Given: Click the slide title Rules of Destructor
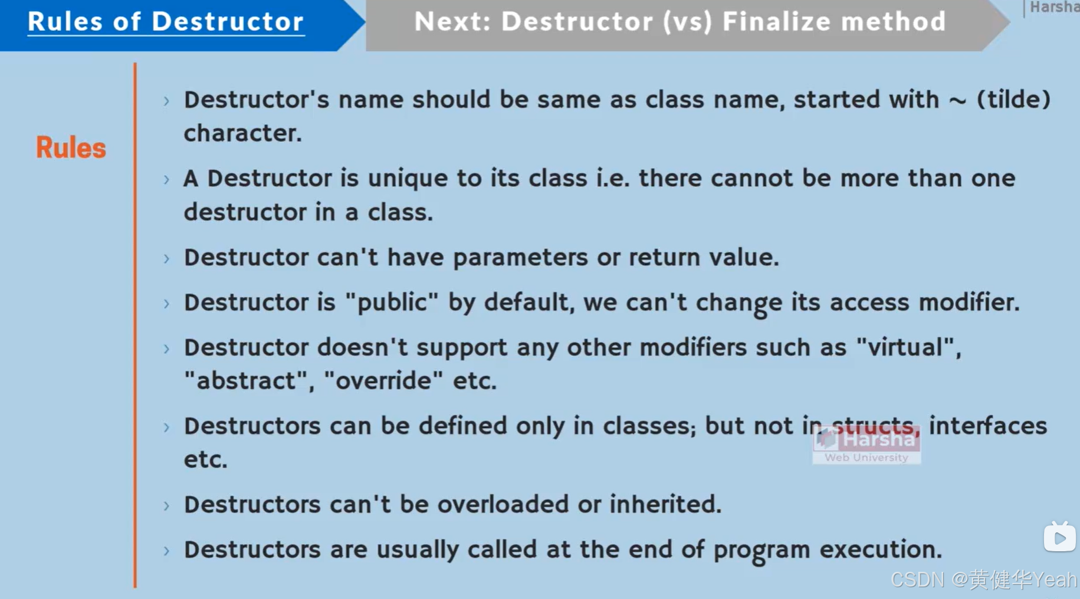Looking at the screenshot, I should [165, 22].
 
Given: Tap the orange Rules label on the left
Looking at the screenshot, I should [71, 147].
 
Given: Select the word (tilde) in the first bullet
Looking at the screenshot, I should [1013, 99].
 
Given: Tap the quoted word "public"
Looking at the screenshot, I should [392, 302].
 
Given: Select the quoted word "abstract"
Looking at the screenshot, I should [248, 381].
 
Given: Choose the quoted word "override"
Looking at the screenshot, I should [383, 381].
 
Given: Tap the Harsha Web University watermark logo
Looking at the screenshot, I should [866, 445].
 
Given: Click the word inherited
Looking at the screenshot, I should [664, 505].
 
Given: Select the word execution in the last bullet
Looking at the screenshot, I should [880, 549].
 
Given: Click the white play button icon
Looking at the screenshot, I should [1059, 538].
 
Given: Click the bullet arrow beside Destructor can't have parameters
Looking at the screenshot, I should [167, 258].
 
